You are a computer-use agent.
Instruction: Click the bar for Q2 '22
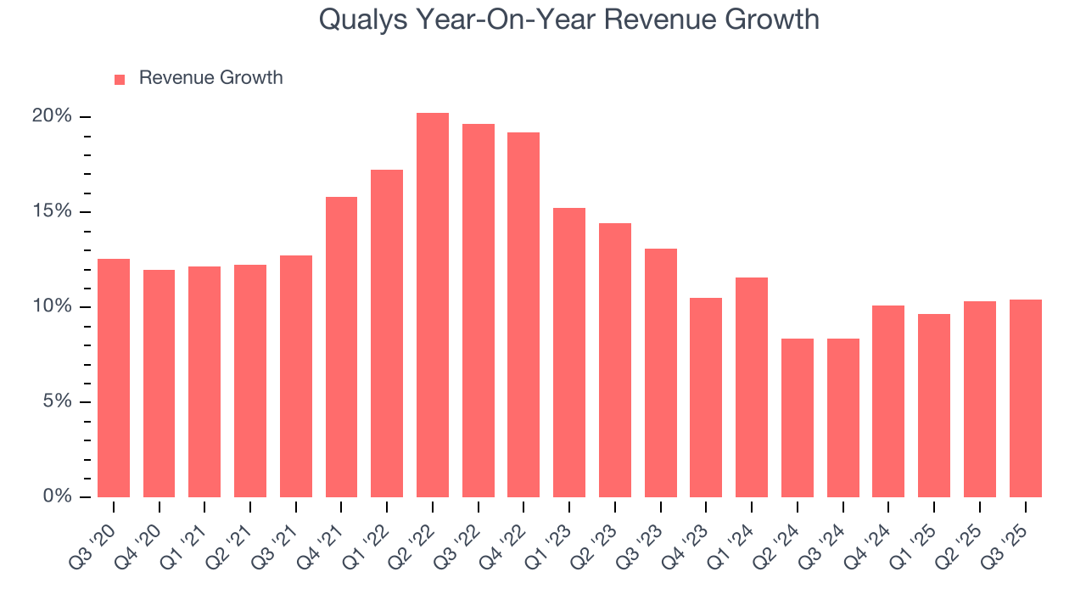tap(432, 305)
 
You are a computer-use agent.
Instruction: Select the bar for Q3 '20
tap(114, 378)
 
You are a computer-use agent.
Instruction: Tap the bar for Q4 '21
tap(341, 347)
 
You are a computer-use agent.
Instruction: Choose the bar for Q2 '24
tap(797, 418)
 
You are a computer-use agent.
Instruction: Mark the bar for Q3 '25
tap(1025, 398)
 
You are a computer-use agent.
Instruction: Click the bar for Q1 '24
tap(751, 387)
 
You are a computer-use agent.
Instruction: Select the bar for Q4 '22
tap(523, 315)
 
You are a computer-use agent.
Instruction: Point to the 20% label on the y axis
tap(52, 116)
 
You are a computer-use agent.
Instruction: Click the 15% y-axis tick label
tap(52, 211)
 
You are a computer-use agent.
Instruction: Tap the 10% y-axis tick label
tap(52, 306)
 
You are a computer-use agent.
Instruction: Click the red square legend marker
tap(120, 79)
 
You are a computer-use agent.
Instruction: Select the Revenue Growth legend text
tap(210, 78)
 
